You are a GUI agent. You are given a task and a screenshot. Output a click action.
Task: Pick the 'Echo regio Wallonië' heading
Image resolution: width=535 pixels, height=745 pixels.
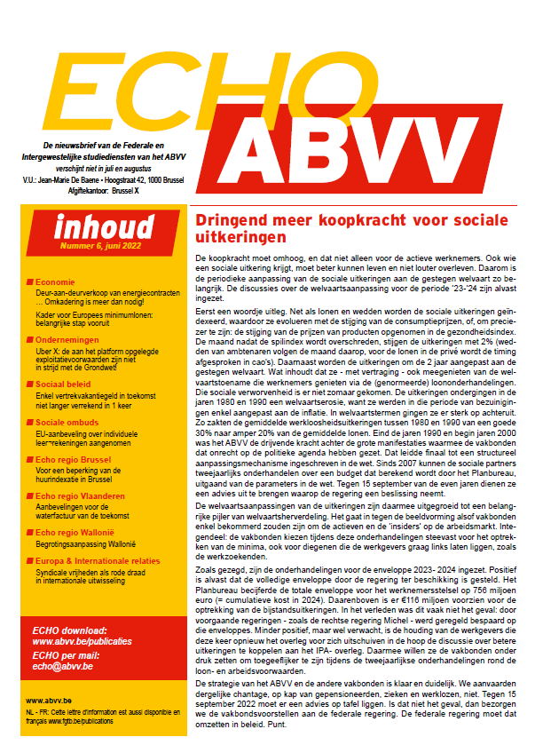tap(76, 531)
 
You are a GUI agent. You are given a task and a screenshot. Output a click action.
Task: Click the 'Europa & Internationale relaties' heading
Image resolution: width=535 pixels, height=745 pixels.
tap(102, 561)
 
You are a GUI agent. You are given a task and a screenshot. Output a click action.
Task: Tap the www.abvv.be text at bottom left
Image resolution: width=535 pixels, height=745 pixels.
tap(48, 701)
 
